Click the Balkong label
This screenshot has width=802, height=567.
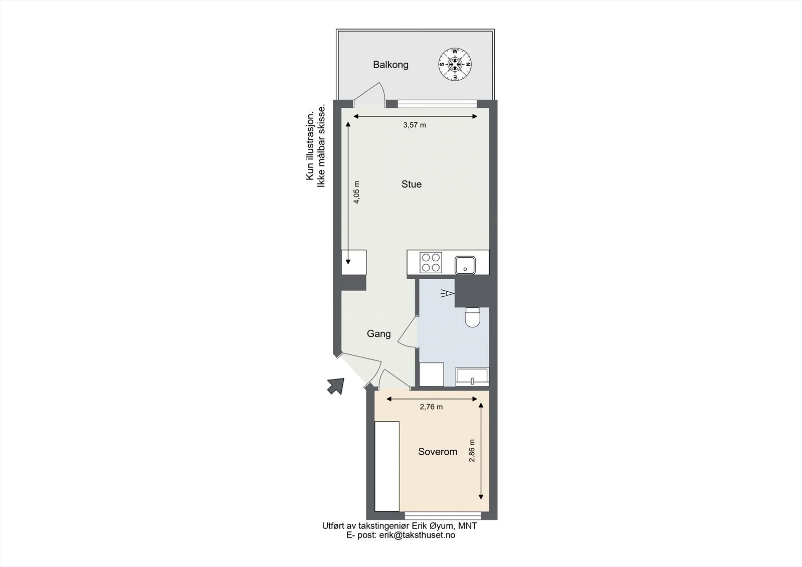pos(390,65)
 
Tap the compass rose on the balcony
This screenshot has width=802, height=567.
pos(455,65)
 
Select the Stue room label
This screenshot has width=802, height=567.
pos(412,184)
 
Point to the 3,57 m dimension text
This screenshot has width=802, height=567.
pos(415,125)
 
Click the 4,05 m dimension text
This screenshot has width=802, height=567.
pos(356,193)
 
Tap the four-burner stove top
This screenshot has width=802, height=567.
pos(431,263)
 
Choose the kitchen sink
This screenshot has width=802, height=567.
pos(465,265)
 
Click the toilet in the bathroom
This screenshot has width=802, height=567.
pos(472,317)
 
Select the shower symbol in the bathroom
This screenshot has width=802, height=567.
pos(448,293)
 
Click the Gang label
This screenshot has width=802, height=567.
pos(379,334)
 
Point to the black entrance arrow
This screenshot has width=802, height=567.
pos(336,386)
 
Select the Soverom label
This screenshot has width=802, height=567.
pos(438,452)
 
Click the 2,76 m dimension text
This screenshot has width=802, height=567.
pos(432,407)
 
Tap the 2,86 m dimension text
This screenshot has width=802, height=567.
pos(472,451)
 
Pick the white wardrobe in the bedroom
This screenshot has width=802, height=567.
pos(387,466)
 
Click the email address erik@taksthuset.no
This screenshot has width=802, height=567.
pos(417,535)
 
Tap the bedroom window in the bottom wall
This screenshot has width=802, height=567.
pos(443,516)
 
